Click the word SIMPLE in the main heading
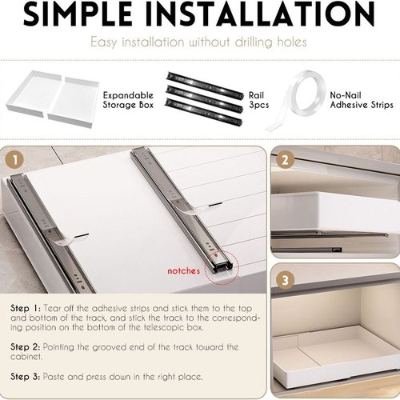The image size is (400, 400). point(78,14)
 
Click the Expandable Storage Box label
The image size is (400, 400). point(128,100)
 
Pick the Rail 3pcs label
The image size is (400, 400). point(258,100)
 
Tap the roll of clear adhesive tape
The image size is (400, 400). point(296,100)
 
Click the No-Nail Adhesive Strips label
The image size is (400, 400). point(362,100)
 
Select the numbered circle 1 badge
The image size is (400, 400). point(15,160)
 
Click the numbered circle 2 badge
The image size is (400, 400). point(285,160)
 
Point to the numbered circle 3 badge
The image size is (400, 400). point(286,280)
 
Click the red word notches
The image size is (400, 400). point(184,271)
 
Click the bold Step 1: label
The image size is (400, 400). point(26,309)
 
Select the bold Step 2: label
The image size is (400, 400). point(26,347)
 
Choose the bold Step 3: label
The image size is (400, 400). point(26,377)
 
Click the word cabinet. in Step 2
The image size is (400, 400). point(26,357)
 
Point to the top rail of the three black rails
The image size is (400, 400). point(205,86)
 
